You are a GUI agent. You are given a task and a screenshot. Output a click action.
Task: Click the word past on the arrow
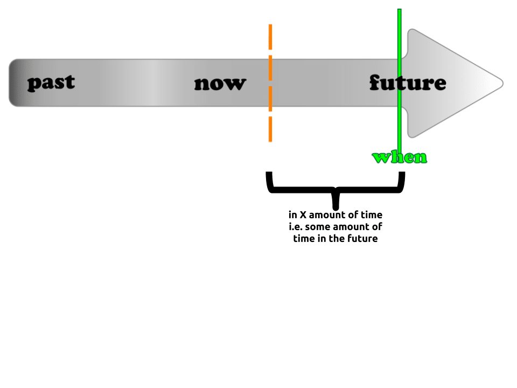pyautogui.click(x=51, y=82)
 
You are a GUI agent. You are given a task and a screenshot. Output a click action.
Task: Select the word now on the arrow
pyautogui.click(x=220, y=84)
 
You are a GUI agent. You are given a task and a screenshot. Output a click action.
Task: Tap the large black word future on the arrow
pyautogui.click(x=408, y=82)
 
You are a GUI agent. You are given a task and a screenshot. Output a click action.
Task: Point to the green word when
pyautogui.click(x=400, y=157)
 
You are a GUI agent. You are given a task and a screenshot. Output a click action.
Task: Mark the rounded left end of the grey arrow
pyautogui.click(x=12, y=82)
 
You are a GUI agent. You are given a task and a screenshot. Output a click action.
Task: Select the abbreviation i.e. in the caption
pyautogui.click(x=295, y=226)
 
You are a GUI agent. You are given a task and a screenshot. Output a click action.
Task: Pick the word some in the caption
pyautogui.click(x=318, y=226)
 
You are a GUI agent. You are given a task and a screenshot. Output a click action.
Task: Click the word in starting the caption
pyautogui.click(x=292, y=215)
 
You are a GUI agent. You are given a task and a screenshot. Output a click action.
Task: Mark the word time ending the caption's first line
pyautogui.click(x=371, y=215)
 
